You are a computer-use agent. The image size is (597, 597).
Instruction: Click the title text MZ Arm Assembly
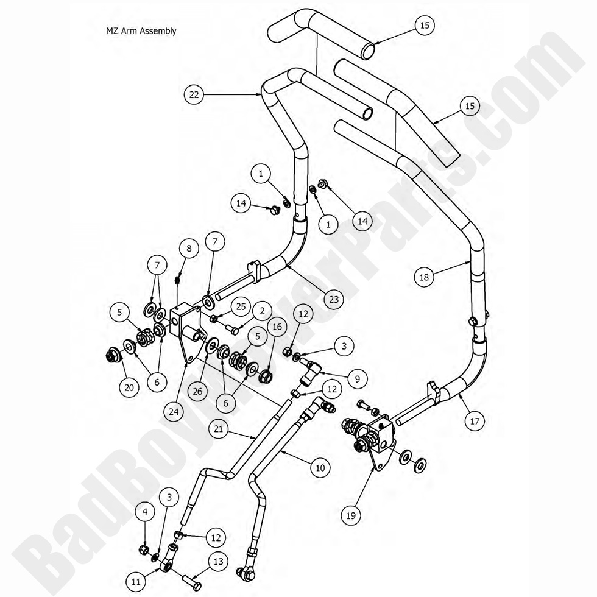coord(141,30)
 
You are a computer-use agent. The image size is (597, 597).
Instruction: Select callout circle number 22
coord(194,94)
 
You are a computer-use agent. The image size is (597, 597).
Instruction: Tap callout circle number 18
coord(425,277)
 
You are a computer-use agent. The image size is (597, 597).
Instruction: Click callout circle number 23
coord(334,299)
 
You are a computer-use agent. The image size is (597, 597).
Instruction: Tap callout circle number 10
coord(320,468)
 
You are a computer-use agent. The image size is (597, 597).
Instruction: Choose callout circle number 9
coord(358,378)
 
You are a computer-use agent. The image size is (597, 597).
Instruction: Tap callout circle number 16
coord(277,327)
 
